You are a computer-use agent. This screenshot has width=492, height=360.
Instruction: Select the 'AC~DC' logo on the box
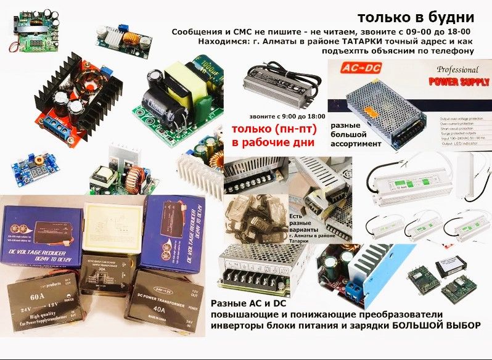pyautogui.click(x=356, y=68)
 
